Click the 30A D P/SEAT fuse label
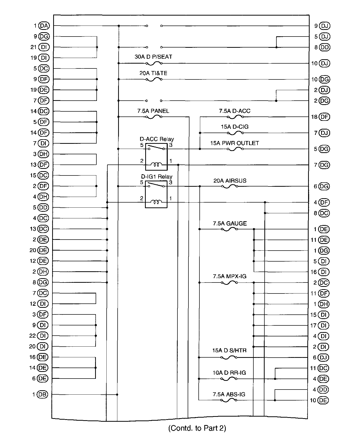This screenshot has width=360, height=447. [153, 57]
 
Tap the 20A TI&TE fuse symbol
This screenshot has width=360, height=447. [154, 79]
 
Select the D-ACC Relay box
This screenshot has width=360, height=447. [156, 157]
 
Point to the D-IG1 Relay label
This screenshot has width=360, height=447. [156, 177]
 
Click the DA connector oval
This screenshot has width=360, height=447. [44, 26]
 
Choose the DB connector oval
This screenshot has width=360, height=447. [42, 394]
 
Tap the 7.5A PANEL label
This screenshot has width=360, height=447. [153, 111]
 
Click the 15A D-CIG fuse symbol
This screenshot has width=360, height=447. [235, 133]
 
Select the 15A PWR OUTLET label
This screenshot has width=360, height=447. [234, 143]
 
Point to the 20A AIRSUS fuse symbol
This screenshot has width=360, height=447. [229, 186]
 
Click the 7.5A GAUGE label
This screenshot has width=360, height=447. [230, 224]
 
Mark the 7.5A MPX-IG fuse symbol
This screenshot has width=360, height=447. [229, 283]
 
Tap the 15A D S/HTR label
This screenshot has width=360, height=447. [229, 350]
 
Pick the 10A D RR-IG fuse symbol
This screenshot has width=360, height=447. [229, 379]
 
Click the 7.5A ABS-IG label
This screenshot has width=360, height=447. [229, 394]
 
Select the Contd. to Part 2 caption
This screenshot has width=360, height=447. [197, 428]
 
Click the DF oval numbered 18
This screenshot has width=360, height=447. [324, 117]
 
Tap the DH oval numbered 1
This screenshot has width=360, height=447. [324, 304]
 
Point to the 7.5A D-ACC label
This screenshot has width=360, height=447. [234, 111]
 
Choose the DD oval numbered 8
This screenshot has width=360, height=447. [324, 47]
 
